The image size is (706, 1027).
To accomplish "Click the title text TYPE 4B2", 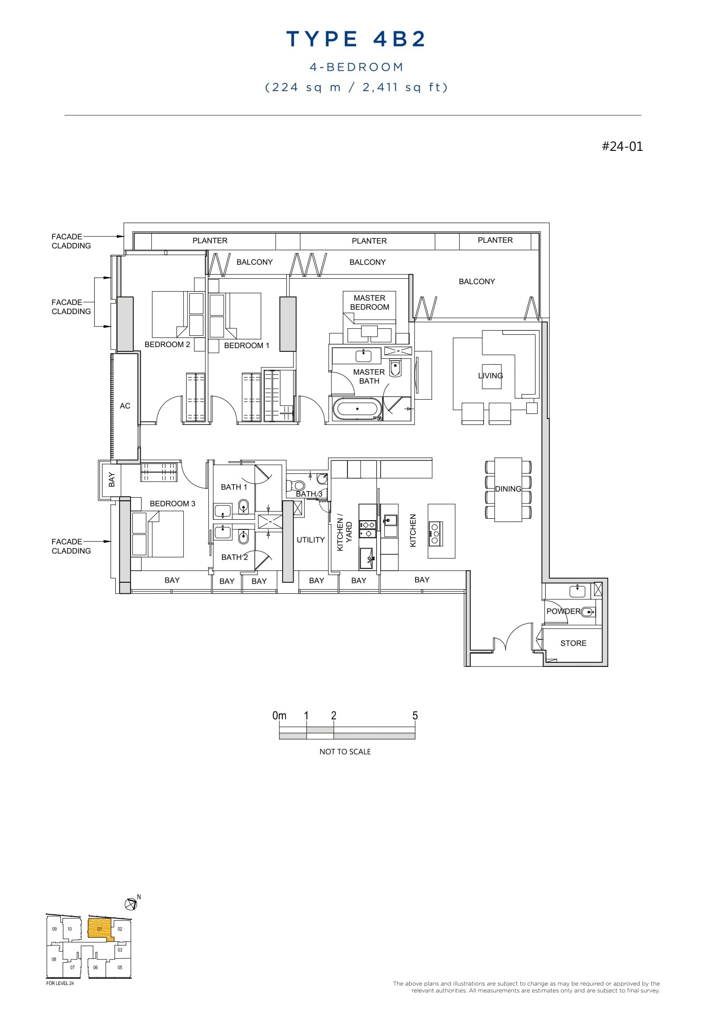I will point(356,39).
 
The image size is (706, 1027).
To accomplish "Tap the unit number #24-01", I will point(622,147).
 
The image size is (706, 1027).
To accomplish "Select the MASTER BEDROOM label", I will point(369,303).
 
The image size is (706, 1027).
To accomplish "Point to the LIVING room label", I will point(490,376).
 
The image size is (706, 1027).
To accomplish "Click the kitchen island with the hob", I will point(441,531).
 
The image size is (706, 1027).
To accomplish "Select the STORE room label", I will point(573,643).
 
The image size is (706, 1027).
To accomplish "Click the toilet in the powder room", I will point(589,612).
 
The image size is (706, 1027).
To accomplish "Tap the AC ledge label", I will point(125,406).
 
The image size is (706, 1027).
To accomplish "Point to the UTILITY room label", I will point(311,540).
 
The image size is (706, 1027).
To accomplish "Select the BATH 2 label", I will point(234,557).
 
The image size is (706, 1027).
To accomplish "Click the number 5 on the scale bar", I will point(415,716).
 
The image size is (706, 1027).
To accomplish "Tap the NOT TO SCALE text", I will point(345,752).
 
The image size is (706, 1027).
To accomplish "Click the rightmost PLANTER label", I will point(495,240).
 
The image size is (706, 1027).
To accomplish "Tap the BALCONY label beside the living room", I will point(477,281).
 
